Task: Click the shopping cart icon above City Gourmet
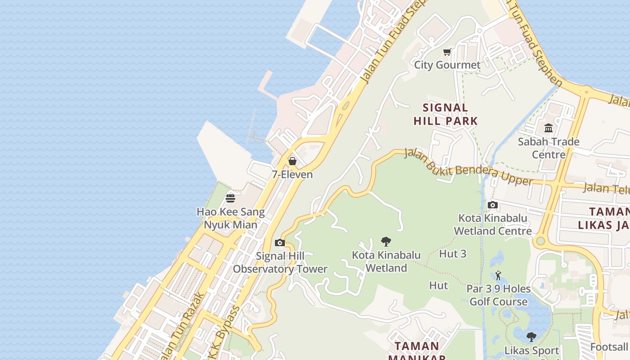[x=447, y=52]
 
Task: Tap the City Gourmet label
[x=447, y=65]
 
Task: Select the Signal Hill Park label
[x=445, y=114]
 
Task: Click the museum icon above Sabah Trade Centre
[x=549, y=128]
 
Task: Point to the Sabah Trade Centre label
[x=549, y=148]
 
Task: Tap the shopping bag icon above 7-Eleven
[x=292, y=161]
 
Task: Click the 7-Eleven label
[x=292, y=174]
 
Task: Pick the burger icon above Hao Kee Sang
[x=230, y=198]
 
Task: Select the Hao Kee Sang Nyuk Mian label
[x=230, y=218]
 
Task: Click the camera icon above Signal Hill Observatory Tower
[x=279, y=243]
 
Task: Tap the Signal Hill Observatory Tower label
[x=280, y=262]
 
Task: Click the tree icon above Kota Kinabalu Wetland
[x=386, y=242]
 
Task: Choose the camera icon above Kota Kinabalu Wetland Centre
[x=493, y=205]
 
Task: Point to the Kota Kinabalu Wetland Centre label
[x=493, y=224]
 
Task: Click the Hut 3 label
[x=453, y=254]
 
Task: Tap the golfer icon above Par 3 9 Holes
[x=498, y=275]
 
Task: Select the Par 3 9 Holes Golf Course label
[x=498, y=295]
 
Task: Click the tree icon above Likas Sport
[x=531, y=337]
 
